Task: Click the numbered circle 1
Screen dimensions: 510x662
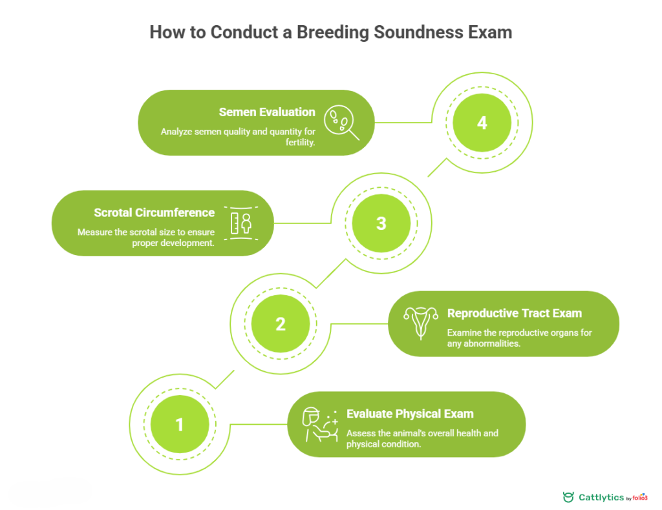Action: tap(180, 424)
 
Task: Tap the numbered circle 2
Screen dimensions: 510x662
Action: tap(281, 323)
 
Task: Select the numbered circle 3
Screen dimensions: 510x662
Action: tap(381, 223)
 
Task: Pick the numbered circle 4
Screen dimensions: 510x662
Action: tap(482, 122)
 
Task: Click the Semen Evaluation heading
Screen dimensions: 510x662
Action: tap(267, 112)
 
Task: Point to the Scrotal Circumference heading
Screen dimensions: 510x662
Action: tap(154, 212)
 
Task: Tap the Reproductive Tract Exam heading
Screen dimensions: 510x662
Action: tap(515, 313)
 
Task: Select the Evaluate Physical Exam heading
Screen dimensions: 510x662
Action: tap(410, 414)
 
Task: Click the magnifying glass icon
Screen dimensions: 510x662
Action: tap(340, 122)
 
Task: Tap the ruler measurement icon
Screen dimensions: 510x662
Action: tap(240, 223)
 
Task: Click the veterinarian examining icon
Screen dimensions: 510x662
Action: tap(320, 425)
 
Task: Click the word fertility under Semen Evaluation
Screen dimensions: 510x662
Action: tap(299, 143)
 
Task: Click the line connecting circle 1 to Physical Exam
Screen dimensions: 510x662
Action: tap(259, 424)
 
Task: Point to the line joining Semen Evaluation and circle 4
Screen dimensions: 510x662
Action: tap(404, 122)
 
